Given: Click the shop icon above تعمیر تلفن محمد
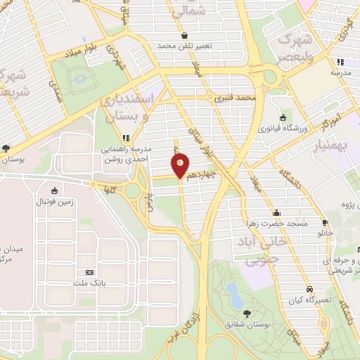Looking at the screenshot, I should point(184,34).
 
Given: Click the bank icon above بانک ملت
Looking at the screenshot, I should point(89,273).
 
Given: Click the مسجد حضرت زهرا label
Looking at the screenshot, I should point(278,223).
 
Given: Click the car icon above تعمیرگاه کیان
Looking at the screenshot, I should point(309,289).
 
